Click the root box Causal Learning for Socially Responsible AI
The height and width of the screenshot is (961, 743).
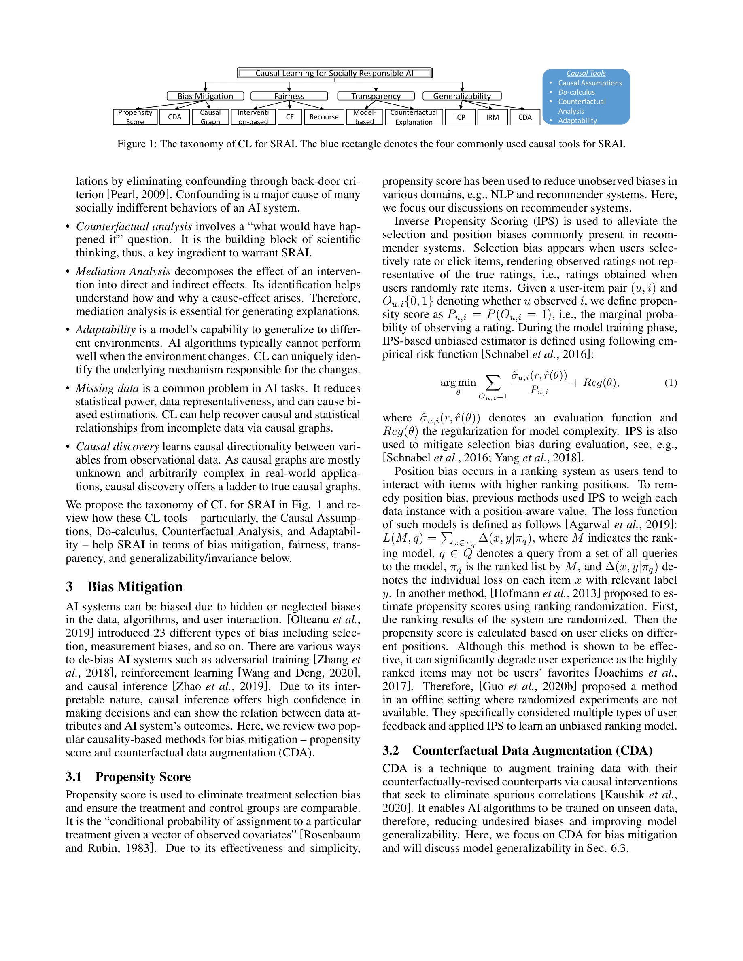[335, 73]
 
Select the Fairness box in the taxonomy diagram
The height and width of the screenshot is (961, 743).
[289, 96]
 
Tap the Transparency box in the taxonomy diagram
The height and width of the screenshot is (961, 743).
[376, 96]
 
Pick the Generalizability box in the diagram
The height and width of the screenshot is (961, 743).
[462, 96]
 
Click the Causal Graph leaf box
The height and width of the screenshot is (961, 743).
[210, 117]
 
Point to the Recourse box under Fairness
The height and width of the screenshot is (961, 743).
[324, 117]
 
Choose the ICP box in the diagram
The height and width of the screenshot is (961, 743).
[460, 117]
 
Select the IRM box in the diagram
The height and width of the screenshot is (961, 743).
[493, 117]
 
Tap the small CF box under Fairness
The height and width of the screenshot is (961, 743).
[290, 117]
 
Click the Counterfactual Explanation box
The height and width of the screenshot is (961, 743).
[414, 117]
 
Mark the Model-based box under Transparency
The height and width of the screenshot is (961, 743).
[365, 117]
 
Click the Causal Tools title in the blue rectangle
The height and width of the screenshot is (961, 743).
[586, 74]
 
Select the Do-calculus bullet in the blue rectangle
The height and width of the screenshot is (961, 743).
[576, 92]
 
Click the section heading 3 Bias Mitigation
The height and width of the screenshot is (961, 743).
[124, 586]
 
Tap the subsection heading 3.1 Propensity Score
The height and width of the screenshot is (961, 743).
[128, 777]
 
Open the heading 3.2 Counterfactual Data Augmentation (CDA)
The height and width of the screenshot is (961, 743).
[517, 750]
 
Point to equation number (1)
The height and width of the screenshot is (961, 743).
[671, 383]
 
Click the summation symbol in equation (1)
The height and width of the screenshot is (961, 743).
[493, 382]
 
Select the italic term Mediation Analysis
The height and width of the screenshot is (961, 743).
[123, 271]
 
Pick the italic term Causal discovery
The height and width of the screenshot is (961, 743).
[117, 447]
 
